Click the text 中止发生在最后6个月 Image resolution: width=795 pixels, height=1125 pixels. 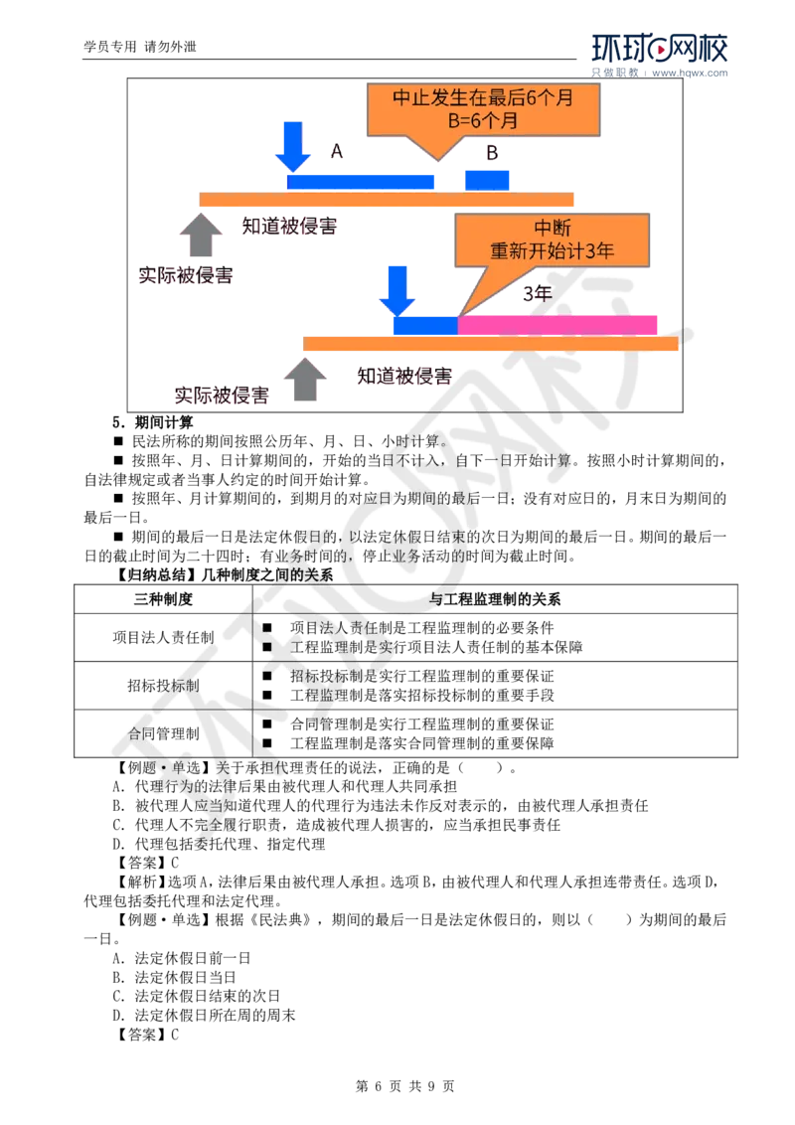[483, 97]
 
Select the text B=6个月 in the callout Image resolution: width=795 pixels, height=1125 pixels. [483, 121]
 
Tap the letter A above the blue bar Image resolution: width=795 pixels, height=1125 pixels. [336, 152]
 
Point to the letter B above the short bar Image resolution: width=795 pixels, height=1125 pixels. [492, 152]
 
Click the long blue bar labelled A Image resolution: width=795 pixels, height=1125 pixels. [362, 180]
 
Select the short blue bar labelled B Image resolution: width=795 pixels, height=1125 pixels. [487, 180]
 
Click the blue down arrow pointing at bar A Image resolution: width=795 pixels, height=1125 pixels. [293, 146]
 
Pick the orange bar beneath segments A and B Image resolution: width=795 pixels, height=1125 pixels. [388, 200]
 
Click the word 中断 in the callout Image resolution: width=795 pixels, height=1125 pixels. [552, 227]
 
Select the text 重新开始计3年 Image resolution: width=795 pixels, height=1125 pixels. [552, 250]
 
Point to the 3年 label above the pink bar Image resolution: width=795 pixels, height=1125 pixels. [538, 293]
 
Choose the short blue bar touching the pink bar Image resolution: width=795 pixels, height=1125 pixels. [424, 325]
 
